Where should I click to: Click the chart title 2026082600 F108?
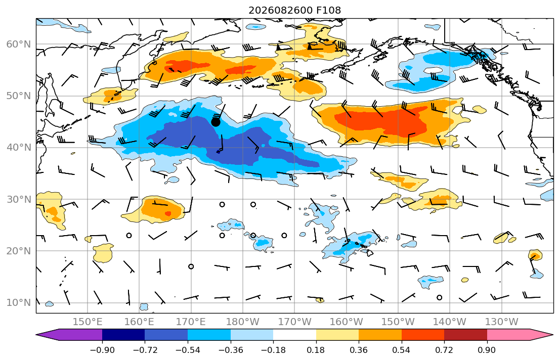tap(294, 10)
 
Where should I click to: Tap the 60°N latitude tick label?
tap(19, 44)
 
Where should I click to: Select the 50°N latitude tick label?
tap(19, 96)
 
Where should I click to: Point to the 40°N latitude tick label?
tap(19, 147)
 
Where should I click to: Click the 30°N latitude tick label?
tap(19, 199)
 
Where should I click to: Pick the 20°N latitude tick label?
tap(19, 251)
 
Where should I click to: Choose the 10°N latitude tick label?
tap(19, 302)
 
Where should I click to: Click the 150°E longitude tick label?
tap(88, 322)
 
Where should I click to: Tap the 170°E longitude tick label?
tap(191, 322)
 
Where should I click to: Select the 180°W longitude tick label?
tap(243, 322)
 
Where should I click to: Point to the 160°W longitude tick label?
tap(347, 322)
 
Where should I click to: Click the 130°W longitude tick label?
tap(502, 322)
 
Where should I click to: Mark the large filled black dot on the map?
tap(216, 122)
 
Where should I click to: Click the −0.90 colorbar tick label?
tap(102, 350)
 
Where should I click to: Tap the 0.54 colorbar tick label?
tap(402, 350)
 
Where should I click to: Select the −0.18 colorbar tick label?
tap(273, 350)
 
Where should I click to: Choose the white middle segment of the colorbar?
tap(294, 335)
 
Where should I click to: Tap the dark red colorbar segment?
tap(465, 335)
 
